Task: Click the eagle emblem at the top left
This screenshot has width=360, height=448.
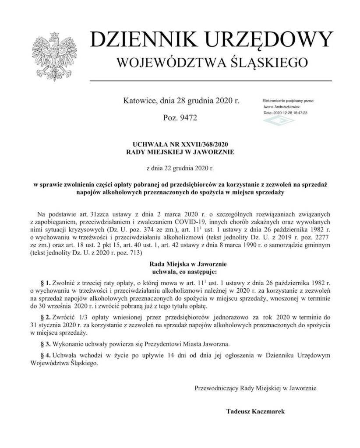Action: pos(53,53)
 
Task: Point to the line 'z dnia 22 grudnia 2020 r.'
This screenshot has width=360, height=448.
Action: pos(180,167)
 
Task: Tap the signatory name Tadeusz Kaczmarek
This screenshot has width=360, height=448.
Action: pos(256,412)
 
